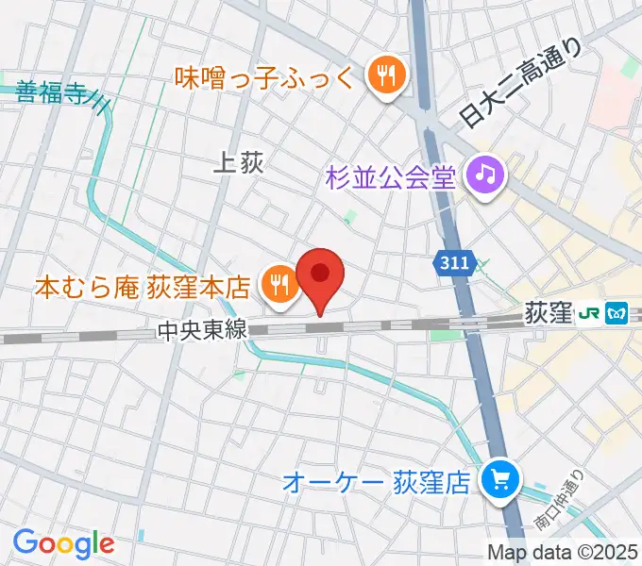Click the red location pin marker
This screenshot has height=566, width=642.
(x=319, y=275)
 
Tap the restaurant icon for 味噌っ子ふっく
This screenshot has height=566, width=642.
(x=385, y=76)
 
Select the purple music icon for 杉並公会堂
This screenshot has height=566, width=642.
(x=487, y=175)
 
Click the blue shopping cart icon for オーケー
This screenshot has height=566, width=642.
(x=498, y=482)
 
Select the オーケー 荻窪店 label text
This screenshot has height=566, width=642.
(x=377, y=484)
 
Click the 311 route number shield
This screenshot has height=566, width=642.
(x=451, y=267)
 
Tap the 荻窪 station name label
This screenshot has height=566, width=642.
(x=548, y=312)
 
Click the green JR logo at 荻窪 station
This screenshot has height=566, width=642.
(x=592, y=312)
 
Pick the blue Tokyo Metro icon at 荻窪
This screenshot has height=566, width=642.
(x=617, y=312)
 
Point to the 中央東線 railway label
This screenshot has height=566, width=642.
(x=202, y=330)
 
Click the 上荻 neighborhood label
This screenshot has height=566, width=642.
(x=238, y=163)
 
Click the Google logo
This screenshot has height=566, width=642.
(x=63, y=543)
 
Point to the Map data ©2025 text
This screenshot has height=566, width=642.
(x=562, y=552)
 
